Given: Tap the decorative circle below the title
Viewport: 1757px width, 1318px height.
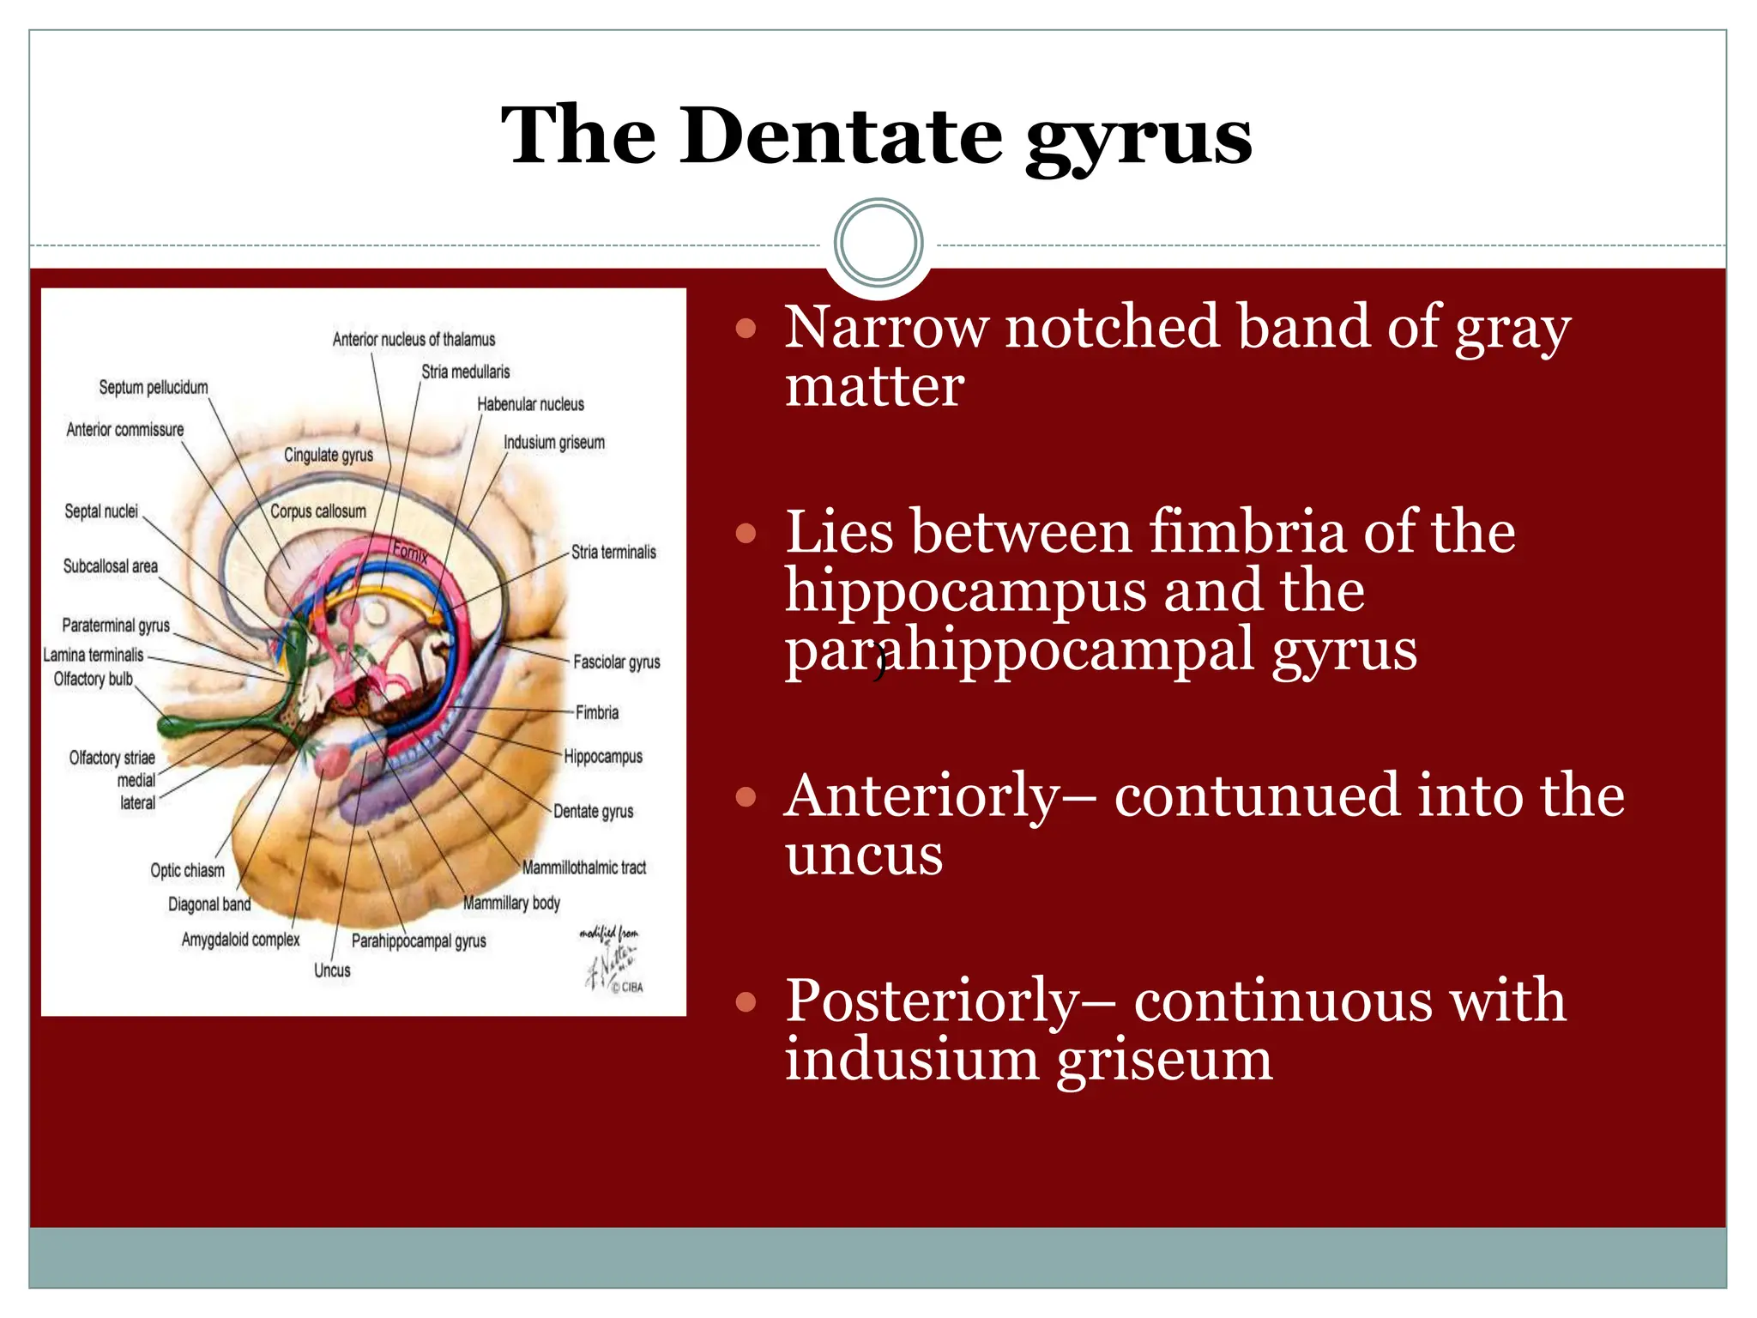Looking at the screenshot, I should click(x=878, y=243).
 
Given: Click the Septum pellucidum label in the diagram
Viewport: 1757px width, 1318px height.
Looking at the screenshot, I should click(x=153, y=387).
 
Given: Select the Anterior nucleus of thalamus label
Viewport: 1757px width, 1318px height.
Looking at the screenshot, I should click(x=414, y=340).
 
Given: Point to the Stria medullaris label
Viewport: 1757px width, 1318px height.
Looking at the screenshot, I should click(x=465, y=372).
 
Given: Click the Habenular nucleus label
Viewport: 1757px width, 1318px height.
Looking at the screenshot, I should click(x=530, y=404).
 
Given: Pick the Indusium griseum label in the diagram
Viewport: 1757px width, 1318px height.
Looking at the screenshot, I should click(x=553, y=443).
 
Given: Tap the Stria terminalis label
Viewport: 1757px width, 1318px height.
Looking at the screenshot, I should click(x=613, y=553).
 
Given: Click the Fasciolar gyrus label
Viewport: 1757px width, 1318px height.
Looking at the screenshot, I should click(x=616, y=662).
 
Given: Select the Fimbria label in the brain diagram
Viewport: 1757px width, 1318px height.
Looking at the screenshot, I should click(x=596, y=712).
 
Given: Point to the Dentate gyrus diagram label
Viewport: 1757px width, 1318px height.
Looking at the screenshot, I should click(x=593, y=811).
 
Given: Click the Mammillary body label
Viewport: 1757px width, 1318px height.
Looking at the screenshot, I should click(x=511, y=903).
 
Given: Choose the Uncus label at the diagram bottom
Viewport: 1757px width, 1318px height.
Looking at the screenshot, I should click(x=332, y=970).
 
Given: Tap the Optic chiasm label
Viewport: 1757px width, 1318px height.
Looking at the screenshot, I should click(x=187, y=870).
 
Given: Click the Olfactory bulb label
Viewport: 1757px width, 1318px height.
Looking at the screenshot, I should click(x=93, y=679).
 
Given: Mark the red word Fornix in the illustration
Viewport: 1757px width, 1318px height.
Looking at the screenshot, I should click(x=410, y=552).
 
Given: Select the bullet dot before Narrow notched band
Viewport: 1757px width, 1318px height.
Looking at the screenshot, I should click(x=746, y=328).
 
